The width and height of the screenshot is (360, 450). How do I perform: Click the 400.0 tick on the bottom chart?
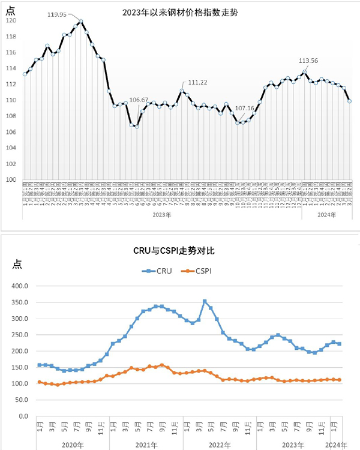[20, 286]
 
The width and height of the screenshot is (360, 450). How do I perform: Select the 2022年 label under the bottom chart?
[220, 443]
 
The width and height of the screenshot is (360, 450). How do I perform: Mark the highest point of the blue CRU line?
[205, 301]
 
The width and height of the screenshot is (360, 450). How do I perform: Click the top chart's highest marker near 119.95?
[80, 22]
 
